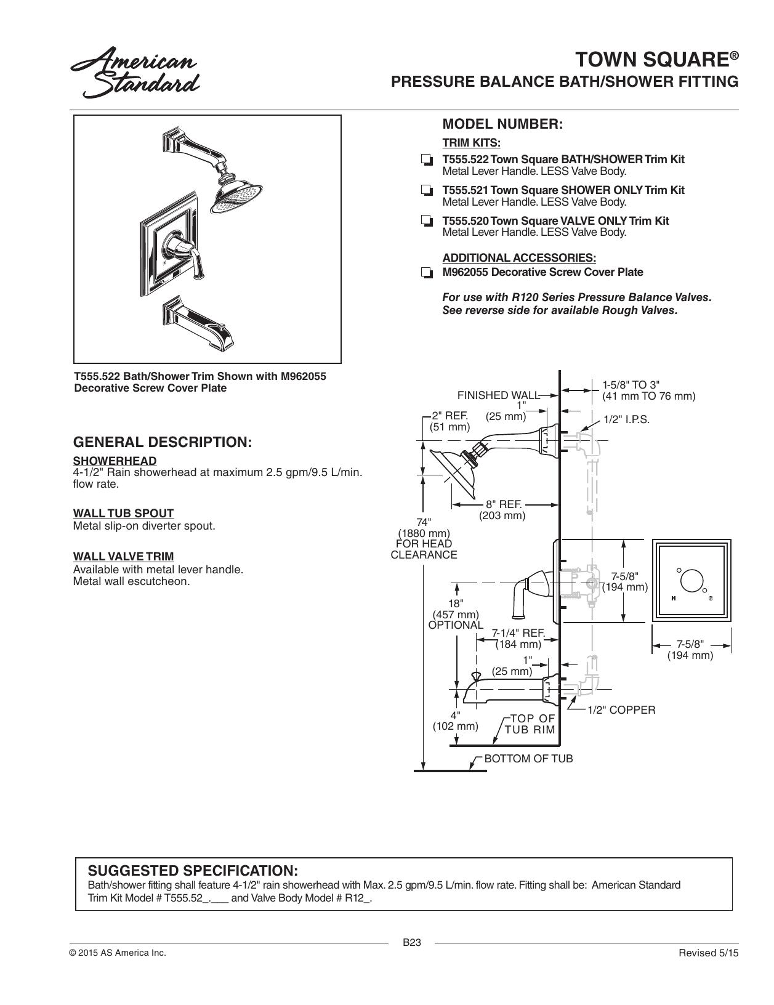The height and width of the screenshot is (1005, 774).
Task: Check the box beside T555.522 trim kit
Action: (x=427, y=161)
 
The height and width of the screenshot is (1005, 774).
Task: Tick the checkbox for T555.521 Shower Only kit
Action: (x=427, y=190)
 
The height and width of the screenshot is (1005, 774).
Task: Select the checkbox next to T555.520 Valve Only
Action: (x=427, y=221)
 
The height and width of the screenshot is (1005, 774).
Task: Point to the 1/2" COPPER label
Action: (x=621, y=710)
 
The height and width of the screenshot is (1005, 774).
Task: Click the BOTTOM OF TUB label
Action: (x=528, y=759)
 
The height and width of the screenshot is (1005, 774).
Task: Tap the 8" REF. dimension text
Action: (x=504, y=504)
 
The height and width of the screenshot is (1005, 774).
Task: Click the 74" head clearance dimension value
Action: (x=424, y=522)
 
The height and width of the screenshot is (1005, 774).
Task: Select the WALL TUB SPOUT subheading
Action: (x=123, y=514)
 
